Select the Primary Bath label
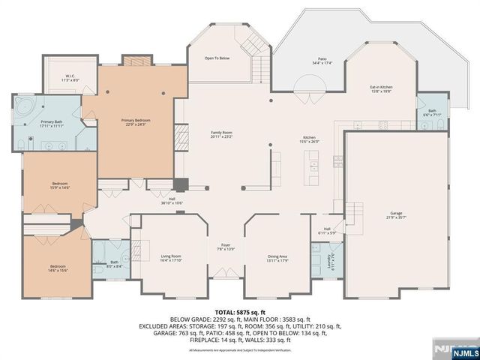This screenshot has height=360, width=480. point(52,124)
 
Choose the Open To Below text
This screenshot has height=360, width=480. point(217,58)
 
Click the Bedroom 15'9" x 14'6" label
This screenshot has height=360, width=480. point(59,185)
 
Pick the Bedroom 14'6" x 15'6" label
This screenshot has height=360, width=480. point(58,268)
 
